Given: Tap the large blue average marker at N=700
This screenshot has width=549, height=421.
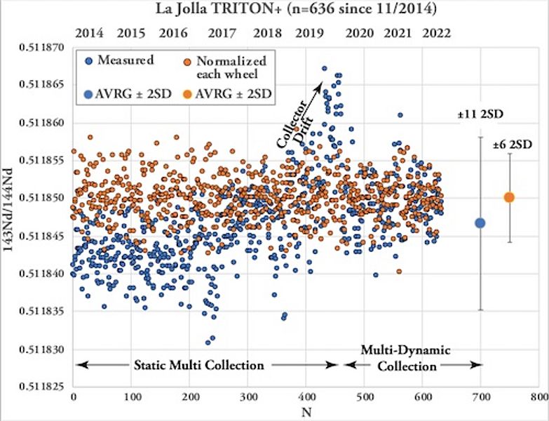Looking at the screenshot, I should tap(480, 223).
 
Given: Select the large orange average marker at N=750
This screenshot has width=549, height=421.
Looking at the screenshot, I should tap(509, 197).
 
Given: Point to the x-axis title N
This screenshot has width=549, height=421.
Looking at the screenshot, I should tap(306, 413).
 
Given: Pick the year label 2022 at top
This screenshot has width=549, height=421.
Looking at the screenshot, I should tap(435, 33).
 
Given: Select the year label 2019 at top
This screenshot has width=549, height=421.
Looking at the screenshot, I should tap(309, 33).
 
